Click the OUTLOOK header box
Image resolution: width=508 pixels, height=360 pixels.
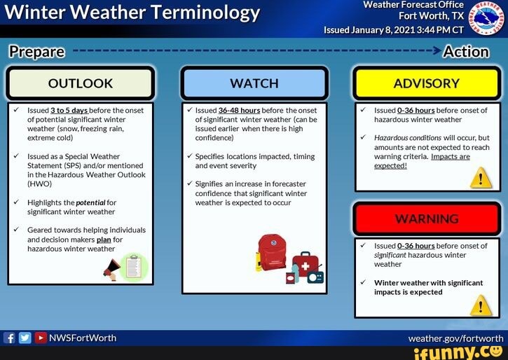(x=80, y=83)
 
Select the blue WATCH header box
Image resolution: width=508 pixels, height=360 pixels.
(x=254, y=83)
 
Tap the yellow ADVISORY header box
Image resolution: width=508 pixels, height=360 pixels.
(x=426, y=83)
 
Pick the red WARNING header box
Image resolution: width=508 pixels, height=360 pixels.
(x=426, y=219)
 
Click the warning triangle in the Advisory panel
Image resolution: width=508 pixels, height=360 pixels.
(x=480, y=178)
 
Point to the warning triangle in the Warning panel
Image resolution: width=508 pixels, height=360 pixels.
(x=480, y=305)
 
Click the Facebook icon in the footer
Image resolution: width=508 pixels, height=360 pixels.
(x=10, y=338)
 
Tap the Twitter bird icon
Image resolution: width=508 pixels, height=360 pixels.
(x=25, y=338)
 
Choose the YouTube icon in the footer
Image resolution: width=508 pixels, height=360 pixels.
(x=40, y=338)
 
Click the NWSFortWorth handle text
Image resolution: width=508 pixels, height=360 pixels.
(x=82, y=338)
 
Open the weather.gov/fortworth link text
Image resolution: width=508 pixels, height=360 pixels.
(x=455, y=338)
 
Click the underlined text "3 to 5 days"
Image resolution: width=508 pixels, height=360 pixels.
(x=69, y=111)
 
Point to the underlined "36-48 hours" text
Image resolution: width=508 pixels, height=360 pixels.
(x=239, y=111)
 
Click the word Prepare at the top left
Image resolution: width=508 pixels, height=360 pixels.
(x=36, y=51)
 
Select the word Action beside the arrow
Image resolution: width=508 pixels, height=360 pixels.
(x=466, y=51)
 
